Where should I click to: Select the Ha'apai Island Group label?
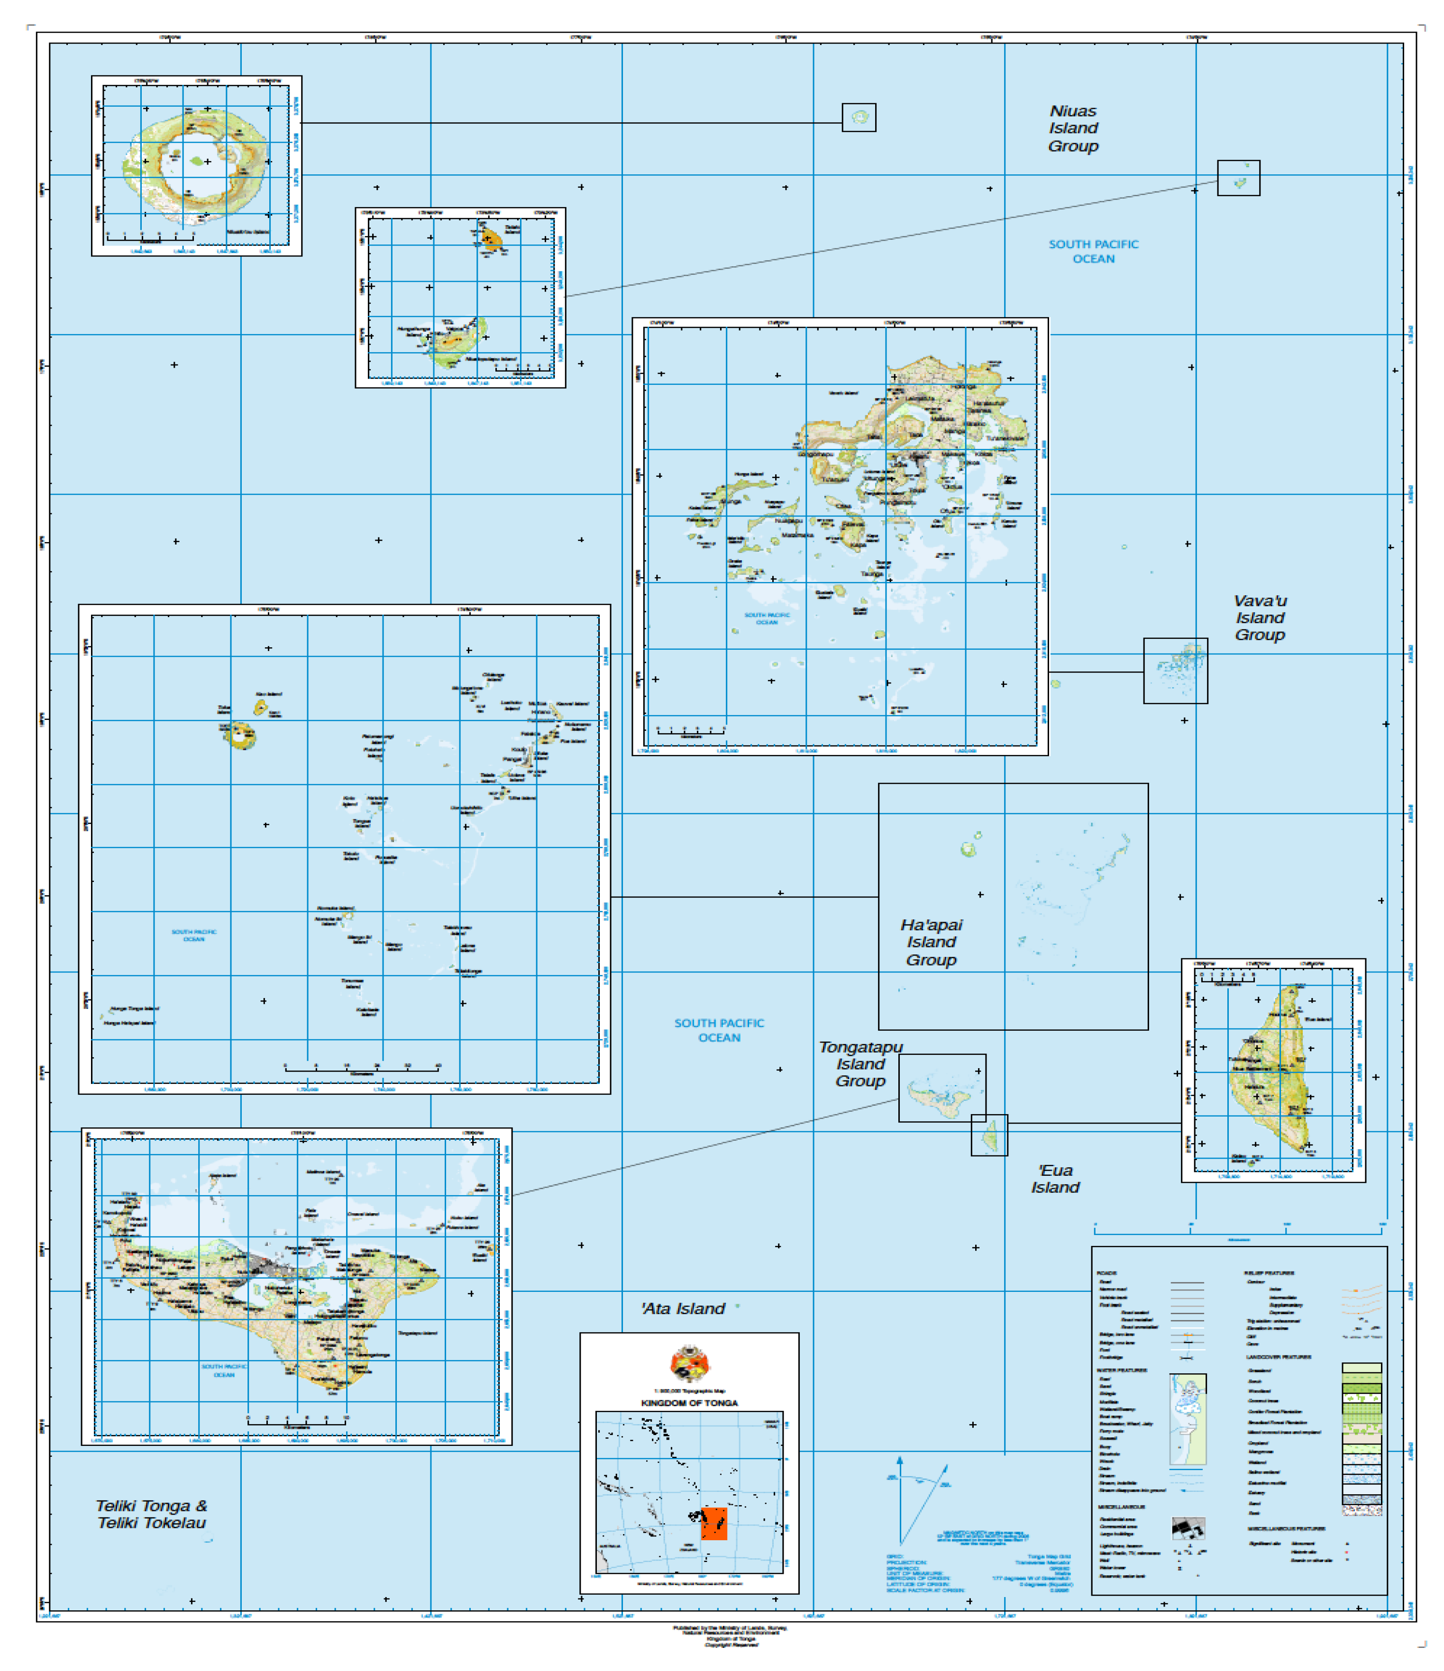[x=931, y=942]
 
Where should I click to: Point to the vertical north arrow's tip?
[x=899, y=1458]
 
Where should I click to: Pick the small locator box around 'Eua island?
[x=988, y=1135]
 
